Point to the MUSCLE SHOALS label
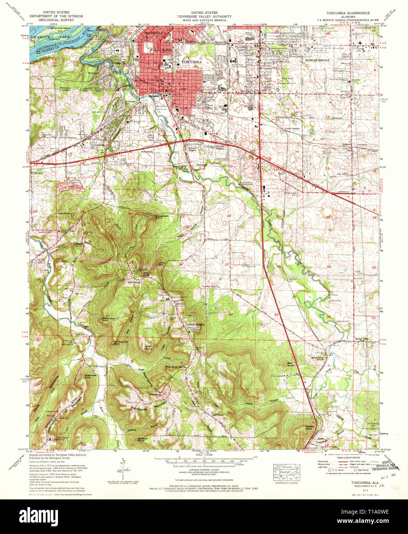pyautogui.click(x=317, y=60)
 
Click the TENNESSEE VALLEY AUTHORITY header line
pyautogui.click(x=204, y=17)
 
